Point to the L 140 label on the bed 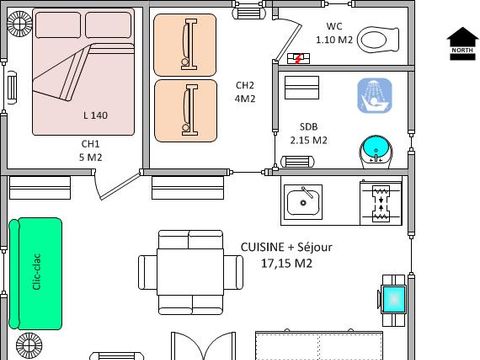[x=96, y=115]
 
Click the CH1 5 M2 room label [x=92, y=150]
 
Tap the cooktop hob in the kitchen [x=380, y=202]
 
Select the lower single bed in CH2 [x=185, y=108]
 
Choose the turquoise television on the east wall [x=394, y=297]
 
